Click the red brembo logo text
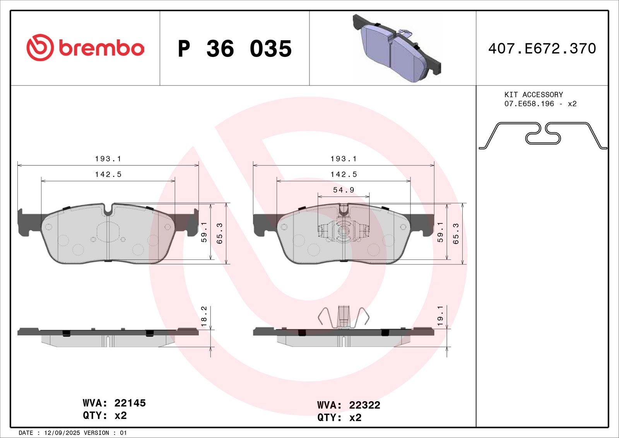click(x=101, y=48)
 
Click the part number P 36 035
click(x=234, y=49)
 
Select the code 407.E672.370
click(x=542, y=48)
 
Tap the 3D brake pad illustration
click(x=397, y=48)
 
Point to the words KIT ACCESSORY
click(x=534, y=94)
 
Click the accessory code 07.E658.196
click(x=529, y=104)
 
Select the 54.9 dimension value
click(x=344, y=190)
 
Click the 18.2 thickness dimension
click(x=203, y=316)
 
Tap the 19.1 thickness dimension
click(x=440, y=315)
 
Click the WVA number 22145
click(x=130, y=403)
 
